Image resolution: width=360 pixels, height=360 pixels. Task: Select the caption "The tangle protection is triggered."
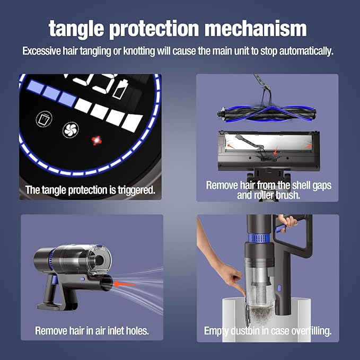coord(90,190)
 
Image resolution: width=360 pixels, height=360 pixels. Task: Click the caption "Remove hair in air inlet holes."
coord(92,331)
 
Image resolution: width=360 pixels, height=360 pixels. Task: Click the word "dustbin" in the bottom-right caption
coord(248,331)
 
